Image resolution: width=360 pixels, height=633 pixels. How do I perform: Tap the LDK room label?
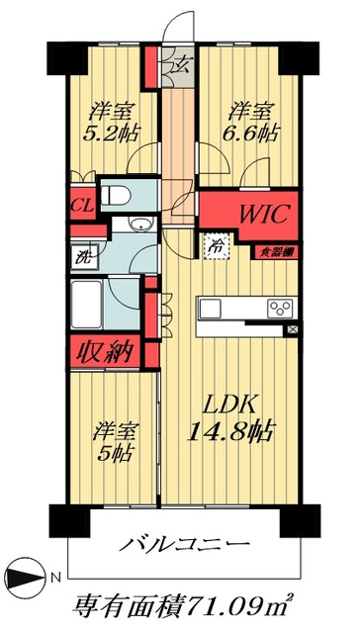click(229, 405)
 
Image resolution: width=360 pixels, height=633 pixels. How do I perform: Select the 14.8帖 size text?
click(230, 431)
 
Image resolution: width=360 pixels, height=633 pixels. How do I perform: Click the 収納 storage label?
click(104, 351)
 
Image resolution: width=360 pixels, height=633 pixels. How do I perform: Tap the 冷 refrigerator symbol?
click(214, 246)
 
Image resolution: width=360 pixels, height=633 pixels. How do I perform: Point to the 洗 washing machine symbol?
click(82, 255)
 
